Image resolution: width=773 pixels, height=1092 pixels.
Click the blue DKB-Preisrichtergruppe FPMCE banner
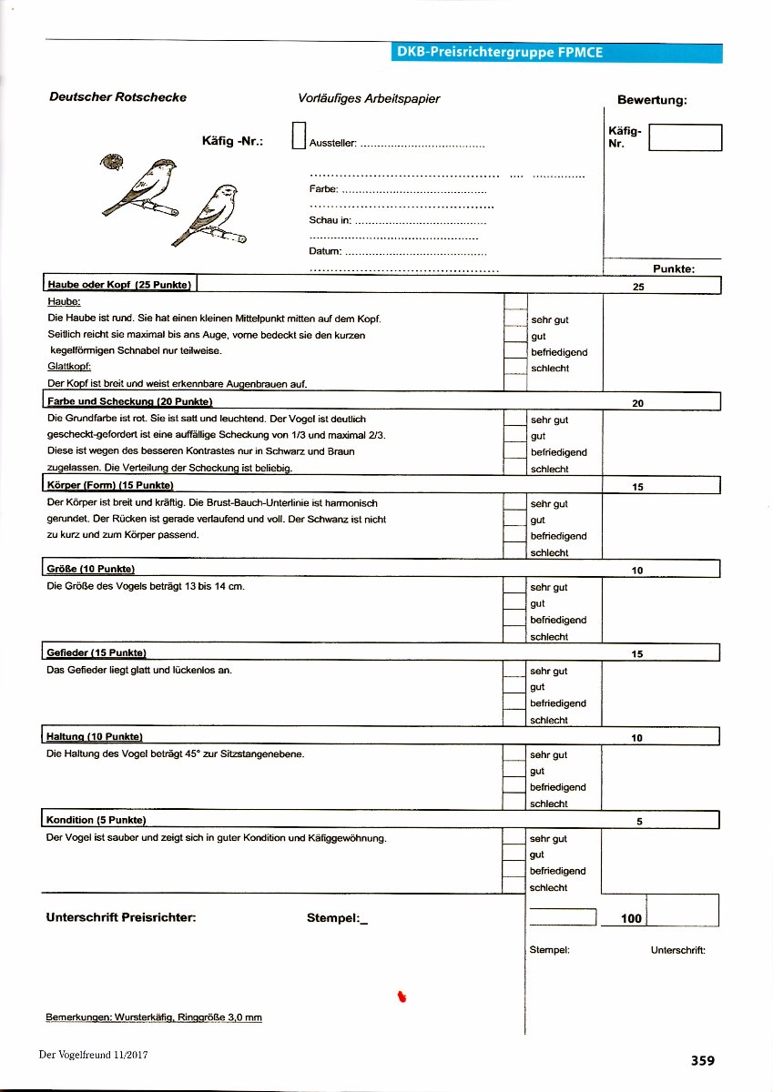click(x=556, y=53)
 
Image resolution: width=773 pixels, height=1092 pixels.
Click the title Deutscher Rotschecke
click(x=117, y=98)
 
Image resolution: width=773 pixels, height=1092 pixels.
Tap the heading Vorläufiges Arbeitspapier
click(x=369, y=98)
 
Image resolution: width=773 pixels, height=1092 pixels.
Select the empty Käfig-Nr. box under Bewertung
click(x=687, y=137)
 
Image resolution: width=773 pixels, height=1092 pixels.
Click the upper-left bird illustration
click(x=143, y=187)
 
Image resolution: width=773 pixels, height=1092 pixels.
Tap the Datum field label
click(x=325, y=250)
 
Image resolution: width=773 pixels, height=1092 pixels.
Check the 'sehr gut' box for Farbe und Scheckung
click(x=515, y=420)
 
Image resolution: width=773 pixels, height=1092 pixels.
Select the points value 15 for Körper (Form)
click(x=637, y=487)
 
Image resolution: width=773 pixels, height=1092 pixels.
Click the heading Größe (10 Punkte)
click(x=90, y=570)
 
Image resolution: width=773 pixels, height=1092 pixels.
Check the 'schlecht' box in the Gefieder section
click(x=515, y=720)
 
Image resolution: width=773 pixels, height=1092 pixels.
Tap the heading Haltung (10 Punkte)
click(x=94, y=736)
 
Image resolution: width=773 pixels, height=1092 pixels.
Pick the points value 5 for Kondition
click(x=639, y=821)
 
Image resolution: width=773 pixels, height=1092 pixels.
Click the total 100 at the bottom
click(x=631, y=918)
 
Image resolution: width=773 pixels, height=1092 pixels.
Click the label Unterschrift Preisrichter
click(x=121, y=918)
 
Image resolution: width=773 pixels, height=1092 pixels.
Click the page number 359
click(x=702, y=1060)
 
